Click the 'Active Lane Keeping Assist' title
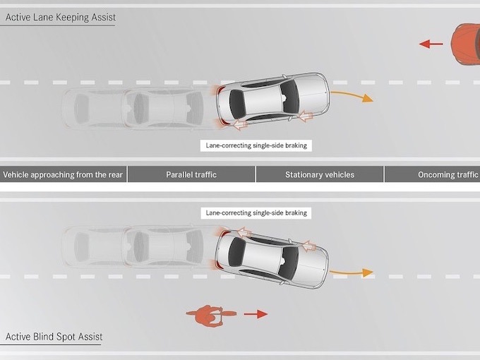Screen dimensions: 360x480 coord(60,17)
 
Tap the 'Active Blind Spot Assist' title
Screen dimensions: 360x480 coord(54,337)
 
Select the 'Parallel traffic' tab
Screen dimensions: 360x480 coord(191,174)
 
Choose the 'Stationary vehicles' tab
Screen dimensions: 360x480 coord(320,174)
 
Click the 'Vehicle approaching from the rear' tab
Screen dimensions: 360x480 coord(64,174)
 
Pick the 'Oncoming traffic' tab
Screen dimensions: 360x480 coord(448,174)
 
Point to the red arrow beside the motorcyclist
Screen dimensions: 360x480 coord(256,313)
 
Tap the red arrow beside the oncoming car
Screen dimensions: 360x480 coord(431,44)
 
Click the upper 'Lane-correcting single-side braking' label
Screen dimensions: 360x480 coord(256,146)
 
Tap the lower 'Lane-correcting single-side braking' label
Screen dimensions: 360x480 coord(256,212)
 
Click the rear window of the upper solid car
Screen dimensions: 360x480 coord(239,103)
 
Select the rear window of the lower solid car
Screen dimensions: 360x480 coord(238,253)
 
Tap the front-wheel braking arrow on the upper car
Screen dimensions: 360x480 coord(306,114)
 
